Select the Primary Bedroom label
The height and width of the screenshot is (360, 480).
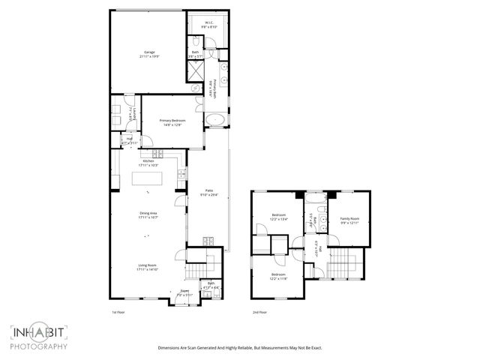[172, 122]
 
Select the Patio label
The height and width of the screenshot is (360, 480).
[210, 193]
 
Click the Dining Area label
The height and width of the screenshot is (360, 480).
[148, 215]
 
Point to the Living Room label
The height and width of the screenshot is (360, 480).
[146, 267]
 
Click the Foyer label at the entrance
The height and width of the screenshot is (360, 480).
[184, 292]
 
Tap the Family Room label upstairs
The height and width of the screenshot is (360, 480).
[350, 220]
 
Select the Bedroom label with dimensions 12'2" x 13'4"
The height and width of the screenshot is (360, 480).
[278, 217]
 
